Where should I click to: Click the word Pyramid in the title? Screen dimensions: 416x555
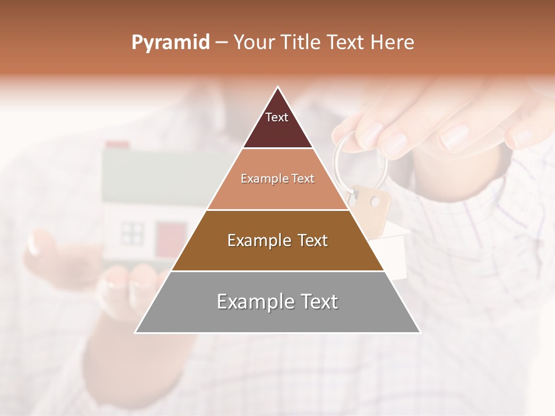coord(170,43)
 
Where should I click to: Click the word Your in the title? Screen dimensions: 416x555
coord(254,43)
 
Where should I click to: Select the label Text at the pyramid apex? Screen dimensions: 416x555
coord(277,117)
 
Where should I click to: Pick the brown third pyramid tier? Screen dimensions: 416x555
coord(277,254)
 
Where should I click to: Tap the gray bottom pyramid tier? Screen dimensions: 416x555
coord(277,318)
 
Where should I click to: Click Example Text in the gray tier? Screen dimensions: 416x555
coord(277,302)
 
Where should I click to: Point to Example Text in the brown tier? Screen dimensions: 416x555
coord(277,240)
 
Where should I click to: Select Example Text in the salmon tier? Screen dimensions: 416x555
coord(277,179)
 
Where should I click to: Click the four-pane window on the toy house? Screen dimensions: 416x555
coord(132,233)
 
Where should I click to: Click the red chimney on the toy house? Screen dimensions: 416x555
coord(118,144)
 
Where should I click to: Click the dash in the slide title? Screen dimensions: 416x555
coord(221,43)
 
